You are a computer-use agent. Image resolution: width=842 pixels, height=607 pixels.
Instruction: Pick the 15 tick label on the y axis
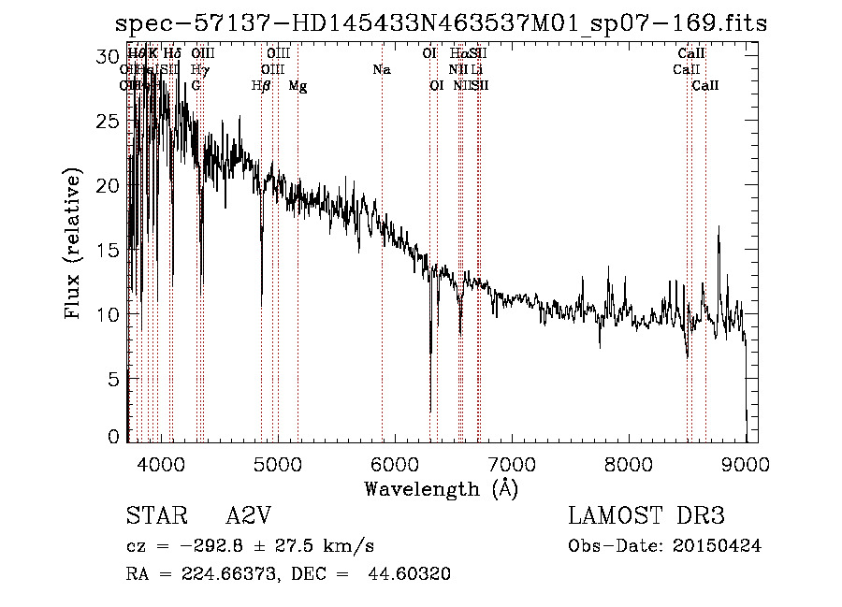pos(109,250)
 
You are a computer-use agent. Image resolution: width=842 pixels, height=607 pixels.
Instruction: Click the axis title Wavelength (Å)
pos(441,488)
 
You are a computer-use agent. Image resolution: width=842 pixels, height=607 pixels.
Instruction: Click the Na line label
pos(381,70)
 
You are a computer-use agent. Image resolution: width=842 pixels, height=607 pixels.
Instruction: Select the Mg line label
pos(298,86)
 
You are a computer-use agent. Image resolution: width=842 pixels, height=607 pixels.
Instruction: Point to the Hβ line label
pos(261,86)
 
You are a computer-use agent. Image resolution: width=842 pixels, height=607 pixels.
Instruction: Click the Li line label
pos(477,70)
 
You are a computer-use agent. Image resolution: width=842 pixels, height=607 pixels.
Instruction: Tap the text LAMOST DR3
pos(646,516)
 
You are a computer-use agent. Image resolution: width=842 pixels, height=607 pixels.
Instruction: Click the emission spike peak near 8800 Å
pos(719,227)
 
